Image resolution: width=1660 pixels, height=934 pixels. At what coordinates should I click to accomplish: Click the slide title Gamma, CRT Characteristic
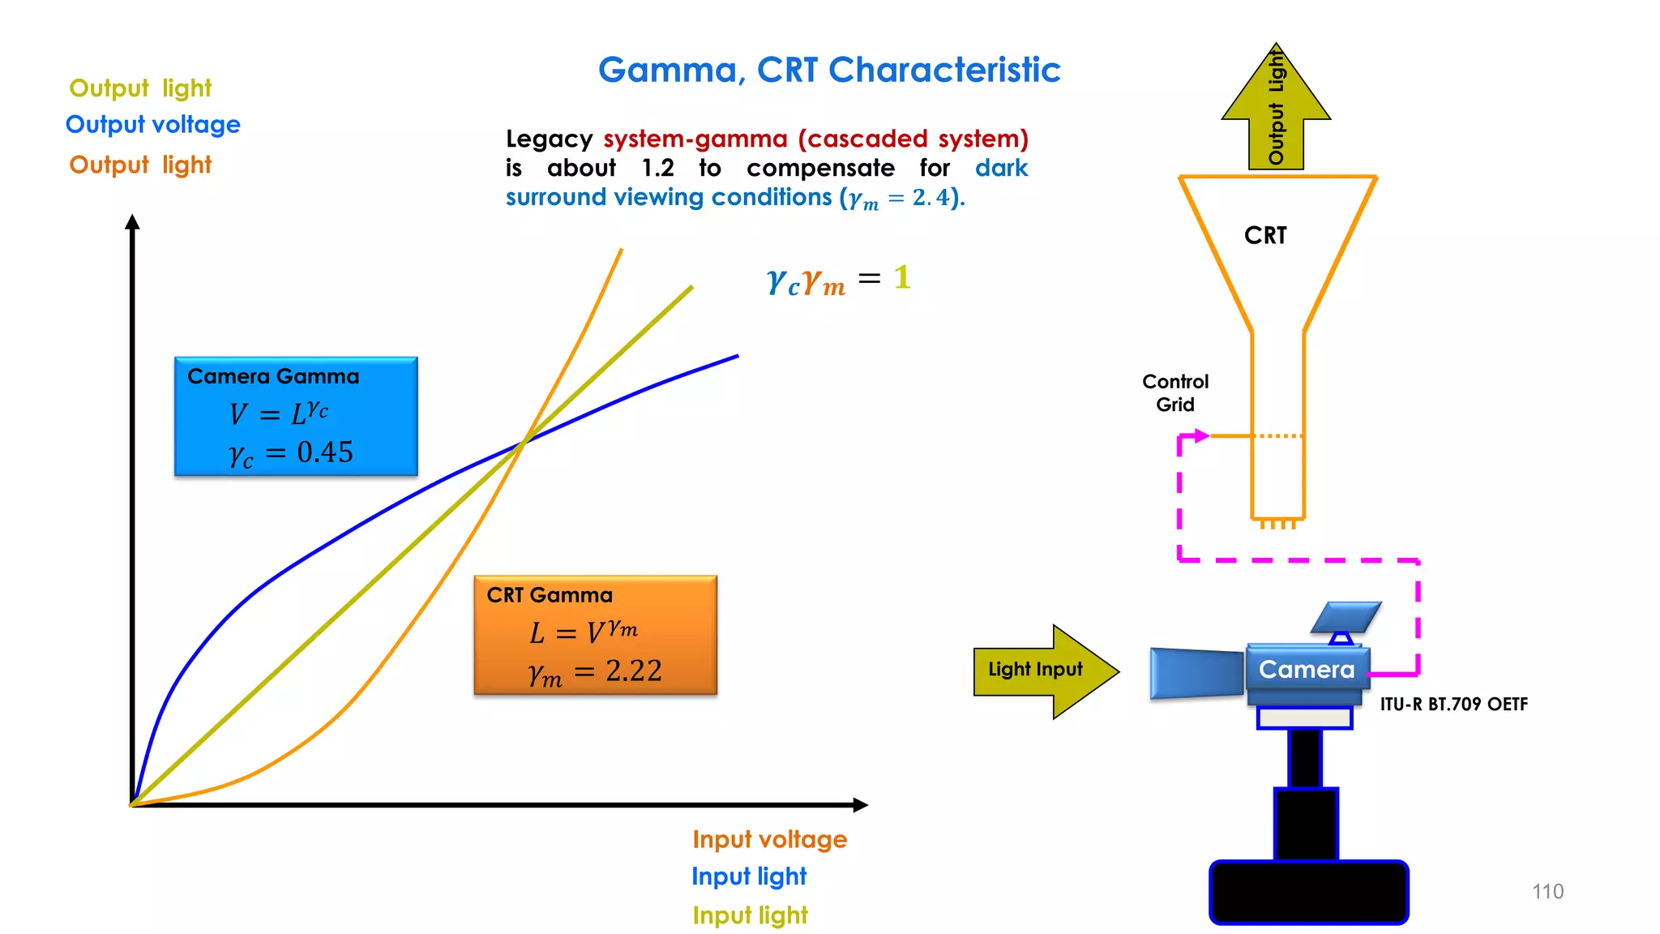tap(828, 71)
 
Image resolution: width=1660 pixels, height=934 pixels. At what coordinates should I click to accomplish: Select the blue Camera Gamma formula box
tap(296, 416)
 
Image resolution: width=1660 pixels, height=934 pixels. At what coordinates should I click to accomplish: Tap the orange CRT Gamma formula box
tap(595, 635)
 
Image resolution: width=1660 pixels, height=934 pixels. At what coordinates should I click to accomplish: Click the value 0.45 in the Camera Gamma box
tap(325, 452)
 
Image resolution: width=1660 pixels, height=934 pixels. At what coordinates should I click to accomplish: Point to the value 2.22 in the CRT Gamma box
tap(634, 671)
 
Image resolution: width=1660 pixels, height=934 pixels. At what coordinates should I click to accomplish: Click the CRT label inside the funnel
tap(1265, 236)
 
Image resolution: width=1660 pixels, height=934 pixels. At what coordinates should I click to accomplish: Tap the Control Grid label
tap(1174, 393)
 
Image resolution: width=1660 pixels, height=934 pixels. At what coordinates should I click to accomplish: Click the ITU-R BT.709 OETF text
tap(1453, 705)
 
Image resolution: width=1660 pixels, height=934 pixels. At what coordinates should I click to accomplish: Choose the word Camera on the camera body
tap(1307, 670)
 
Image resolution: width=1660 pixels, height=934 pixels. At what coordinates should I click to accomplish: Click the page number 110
tap(1547, 892)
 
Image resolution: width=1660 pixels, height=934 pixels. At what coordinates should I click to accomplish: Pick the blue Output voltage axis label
tap(153, 125)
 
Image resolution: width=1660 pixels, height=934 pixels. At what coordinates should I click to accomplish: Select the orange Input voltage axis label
tap(769, 839)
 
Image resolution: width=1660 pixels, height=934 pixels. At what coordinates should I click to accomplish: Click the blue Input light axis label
tap(749, 876)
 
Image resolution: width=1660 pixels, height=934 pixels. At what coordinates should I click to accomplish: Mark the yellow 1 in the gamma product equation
tap(902, 278)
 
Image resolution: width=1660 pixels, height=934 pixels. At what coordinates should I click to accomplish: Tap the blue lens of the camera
tap(1196, 673)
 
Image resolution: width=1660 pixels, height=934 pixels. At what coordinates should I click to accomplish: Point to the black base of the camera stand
tap(1308, 893)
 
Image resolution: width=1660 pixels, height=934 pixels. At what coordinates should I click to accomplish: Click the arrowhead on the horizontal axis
tap(861, 805)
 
